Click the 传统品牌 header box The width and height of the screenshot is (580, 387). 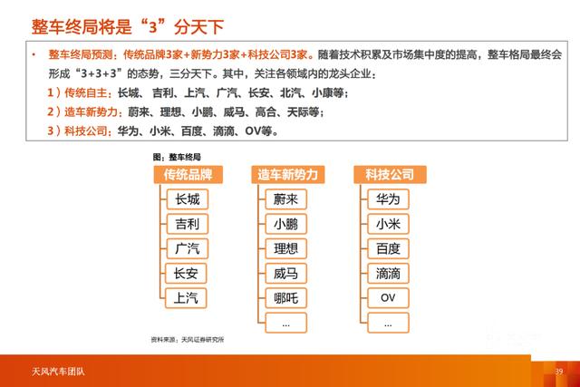(x=188, y=174)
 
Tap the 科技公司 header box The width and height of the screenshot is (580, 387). (x=390, y=174)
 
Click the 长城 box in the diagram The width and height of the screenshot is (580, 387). (x=187, y=199)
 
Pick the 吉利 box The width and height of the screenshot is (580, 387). (x=187, y=224)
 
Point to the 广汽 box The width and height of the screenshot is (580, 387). (x=187, y=248)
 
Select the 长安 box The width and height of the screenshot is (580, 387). (x=187, y=273)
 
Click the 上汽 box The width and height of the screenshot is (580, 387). (x=187, y=297)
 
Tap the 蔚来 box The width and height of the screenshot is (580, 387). (x=285, y=199)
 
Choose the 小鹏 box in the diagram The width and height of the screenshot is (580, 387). (x=285, y=224)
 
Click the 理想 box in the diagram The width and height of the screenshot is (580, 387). (x=285, y=248)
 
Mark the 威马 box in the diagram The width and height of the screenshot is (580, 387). (x=285, y=273)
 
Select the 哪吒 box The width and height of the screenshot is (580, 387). (x=285, y=297)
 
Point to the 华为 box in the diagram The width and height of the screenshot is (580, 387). (x=388, y=199)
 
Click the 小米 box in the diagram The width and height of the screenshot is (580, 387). (x=388, y=224)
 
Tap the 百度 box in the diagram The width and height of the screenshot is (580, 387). (x=388, y=248)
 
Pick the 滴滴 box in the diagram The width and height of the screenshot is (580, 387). (x=388, y=273)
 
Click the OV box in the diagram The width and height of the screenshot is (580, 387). (x=388, y=297)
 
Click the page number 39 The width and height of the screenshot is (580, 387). (x=559, y=373)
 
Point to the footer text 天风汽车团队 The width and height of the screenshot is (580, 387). (x=53, y=373)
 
